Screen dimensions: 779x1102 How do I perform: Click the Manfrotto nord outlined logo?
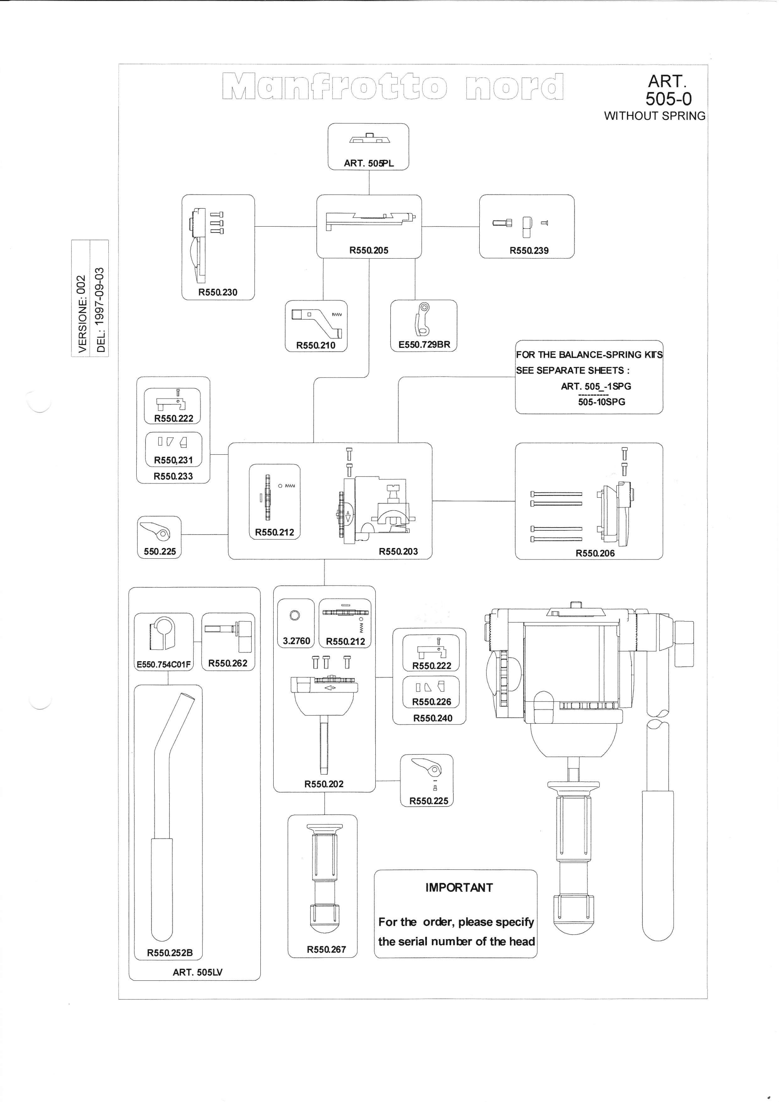[393, 86]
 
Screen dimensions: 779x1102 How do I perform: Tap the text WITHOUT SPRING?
[655, 116]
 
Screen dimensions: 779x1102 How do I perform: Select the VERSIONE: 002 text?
[82, 314]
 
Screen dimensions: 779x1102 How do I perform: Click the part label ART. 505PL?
[369, 163]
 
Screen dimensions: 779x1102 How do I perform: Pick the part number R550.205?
[369, 250]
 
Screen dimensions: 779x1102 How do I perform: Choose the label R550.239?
[529, 251]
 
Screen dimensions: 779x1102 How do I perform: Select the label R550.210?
[316, 345]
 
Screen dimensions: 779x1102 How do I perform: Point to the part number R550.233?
[173, 476]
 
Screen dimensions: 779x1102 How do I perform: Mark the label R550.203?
[398, 551]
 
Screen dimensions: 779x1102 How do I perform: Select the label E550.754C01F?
[164, 665]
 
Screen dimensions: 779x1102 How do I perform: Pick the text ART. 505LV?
[198, 972]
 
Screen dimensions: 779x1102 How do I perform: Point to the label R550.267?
[327, 949]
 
